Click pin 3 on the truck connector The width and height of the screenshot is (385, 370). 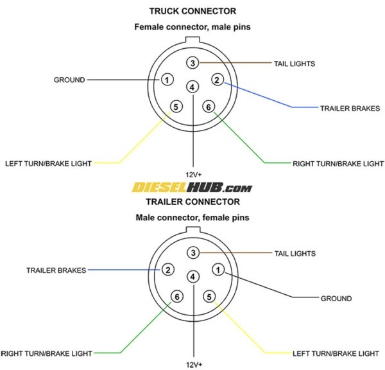pyautogui.click(x=193, y=62)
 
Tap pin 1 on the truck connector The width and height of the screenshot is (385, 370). pyautogui.click(x=167, y=80)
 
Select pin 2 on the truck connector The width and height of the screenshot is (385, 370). pyautogui.click(x=218, y=80)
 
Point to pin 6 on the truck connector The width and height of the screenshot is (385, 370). pyautogui.click(x=208, y=107)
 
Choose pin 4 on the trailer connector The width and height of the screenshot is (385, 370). pyautogui.click(x=193, y=276)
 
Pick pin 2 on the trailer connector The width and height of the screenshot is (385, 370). pyautogui.click(x=167, y=270)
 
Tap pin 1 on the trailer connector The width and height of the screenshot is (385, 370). pyautogui.click(x=218, y=270)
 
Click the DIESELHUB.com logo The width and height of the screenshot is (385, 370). pyautogui.click(x=193, y=188)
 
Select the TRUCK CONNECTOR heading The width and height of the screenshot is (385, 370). pyautogui.click(x=193, y=11)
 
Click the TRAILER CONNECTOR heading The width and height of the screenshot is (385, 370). pyautogui.click(x=193, y=202)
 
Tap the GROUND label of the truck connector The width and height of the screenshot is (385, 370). pyautogui.click(x=69, y=80)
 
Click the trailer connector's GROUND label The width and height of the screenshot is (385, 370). pyautogui.click(x=336, y=298)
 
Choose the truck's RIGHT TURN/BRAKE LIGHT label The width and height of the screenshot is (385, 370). pyautogui.click(x=338, y=163)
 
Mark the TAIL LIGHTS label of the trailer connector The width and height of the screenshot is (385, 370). pyautogui.click(x=294, y=253)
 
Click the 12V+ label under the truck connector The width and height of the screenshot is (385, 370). pyautogui.click(x=193, y=175)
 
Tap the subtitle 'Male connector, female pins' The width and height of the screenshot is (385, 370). pyautogui.click(x=193, y=218)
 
